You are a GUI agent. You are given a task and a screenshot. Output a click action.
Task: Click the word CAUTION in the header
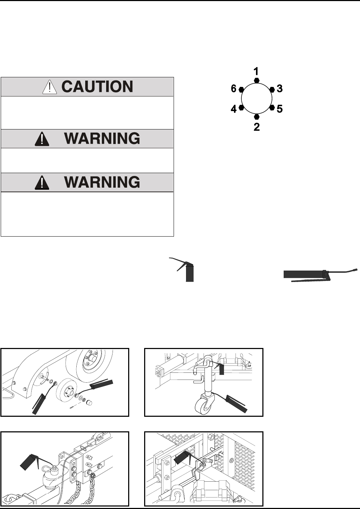(97, 87)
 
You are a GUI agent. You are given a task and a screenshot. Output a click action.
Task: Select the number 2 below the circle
(257, 127)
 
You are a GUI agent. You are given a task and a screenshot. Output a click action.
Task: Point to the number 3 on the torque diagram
(280, 89)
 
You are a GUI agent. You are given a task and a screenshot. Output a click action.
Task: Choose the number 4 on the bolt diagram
(234, 109)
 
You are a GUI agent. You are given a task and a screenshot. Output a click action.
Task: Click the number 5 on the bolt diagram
(280, 109)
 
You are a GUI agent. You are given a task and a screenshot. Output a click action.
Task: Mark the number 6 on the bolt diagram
(234, 89)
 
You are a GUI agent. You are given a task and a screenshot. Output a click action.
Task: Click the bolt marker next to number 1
(257, 81)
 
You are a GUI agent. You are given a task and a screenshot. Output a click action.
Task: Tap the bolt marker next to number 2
(257, 116)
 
